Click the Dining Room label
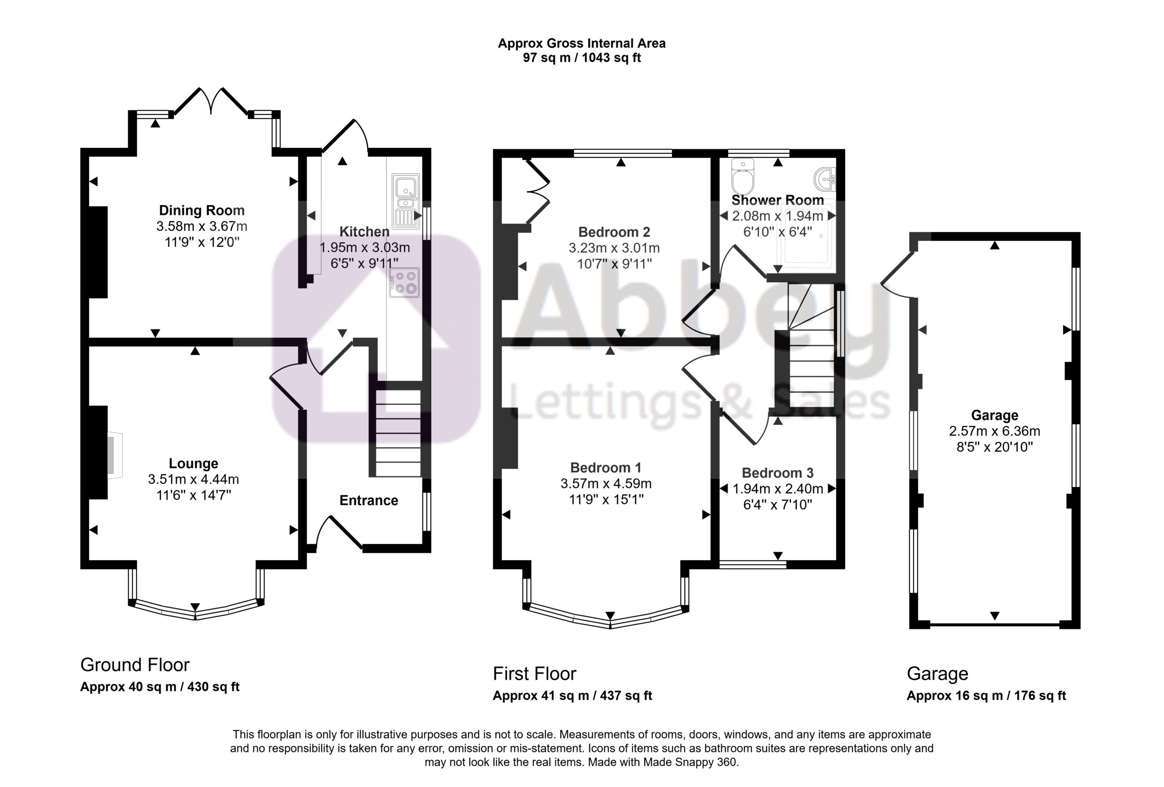pos(202,211)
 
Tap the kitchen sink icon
pos(406,201)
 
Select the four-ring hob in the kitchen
pos(405,282)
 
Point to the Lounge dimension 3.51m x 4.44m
pos(193,479)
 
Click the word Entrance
pos(369,500)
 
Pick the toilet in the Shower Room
pos(743,177)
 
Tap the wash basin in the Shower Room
pos(825,179)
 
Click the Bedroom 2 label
pos(614,232)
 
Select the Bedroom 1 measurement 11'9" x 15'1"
pos(606,499)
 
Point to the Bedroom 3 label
pos(778,473)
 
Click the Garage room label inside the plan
pos(994,415)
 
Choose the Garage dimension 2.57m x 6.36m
pos(994,431)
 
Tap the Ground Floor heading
pos(135,665)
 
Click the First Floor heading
pos(534,674)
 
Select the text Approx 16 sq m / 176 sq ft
pos(986,696)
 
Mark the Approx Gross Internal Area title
pos(582,44)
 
